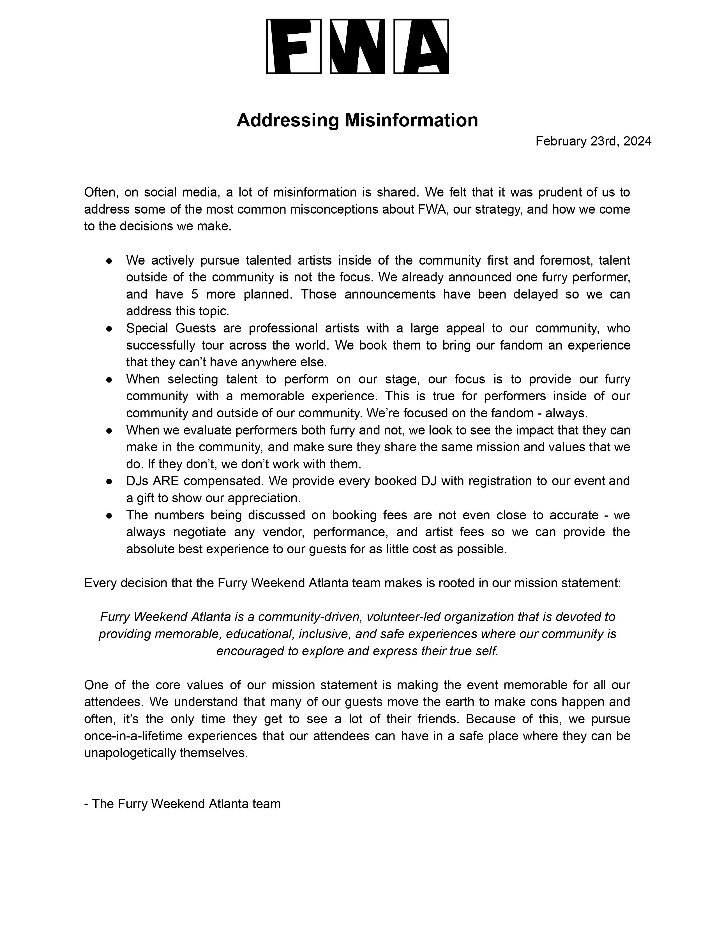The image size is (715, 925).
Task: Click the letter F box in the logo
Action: pos(294,46)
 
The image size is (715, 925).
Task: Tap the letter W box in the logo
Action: pos(357,46)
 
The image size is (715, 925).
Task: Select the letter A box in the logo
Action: pos(421,46)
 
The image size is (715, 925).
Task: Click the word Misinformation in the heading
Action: pos(411,120)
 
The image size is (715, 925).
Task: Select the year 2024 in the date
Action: pos(637,141)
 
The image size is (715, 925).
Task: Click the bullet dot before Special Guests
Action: pos(109,328)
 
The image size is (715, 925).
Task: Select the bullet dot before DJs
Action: pos(109,481)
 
